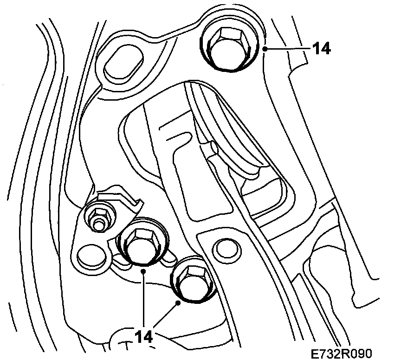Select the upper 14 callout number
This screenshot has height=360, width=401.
[x=321, y=48]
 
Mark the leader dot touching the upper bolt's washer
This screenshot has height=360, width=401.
[x=264, y=48]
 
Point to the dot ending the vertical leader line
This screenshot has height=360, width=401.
[x=144, y=270]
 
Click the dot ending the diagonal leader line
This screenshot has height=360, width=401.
[x=178, y=302]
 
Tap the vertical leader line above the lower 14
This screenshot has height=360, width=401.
[x=144, y=297]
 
